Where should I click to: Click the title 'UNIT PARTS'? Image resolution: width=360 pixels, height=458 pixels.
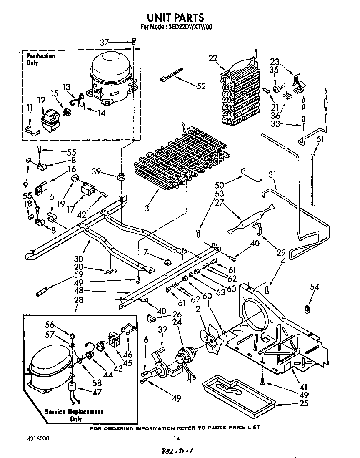click(175, 17)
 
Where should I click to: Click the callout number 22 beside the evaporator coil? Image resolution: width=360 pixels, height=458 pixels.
click(213, 58)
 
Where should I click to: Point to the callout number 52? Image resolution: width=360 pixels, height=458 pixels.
click(201, 86)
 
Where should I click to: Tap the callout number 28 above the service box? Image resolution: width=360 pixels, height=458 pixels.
click(78, 300)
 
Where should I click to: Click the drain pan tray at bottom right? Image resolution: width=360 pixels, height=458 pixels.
click(237, 393)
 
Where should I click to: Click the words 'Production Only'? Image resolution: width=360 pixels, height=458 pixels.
click(40, 59)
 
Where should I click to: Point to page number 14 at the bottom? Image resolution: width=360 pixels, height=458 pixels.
click(176, 438)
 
